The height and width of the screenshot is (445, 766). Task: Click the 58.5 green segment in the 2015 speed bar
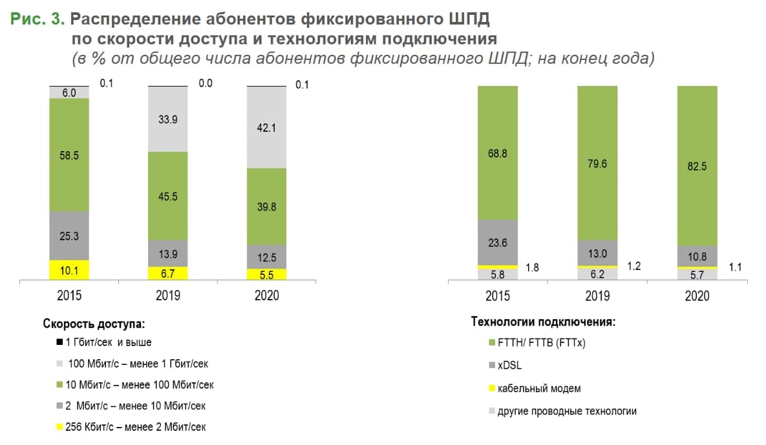[69, 155]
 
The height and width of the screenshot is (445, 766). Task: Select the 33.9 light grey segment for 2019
[168, 119]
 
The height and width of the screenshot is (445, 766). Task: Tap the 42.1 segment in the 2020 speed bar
[266, 128]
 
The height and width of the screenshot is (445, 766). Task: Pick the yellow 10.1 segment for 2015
[69, 270]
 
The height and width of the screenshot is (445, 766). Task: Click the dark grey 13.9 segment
[168, 253]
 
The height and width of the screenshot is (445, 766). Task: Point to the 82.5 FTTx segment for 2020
[697, 166]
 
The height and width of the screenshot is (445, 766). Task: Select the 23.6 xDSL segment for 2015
[498, 242]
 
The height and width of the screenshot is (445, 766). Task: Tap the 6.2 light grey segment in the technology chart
[597, 274]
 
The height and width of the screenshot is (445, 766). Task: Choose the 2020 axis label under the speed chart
[266, 296]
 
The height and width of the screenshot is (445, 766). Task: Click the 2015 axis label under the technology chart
[498, 296]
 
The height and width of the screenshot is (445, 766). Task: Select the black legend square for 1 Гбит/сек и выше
[59, 343]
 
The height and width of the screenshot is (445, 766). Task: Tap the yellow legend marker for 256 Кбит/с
[59, 427]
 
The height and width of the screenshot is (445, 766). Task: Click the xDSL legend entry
[509, 366]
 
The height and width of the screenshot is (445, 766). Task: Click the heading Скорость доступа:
[93, 323]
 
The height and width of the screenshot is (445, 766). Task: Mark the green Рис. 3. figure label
[37, 19]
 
